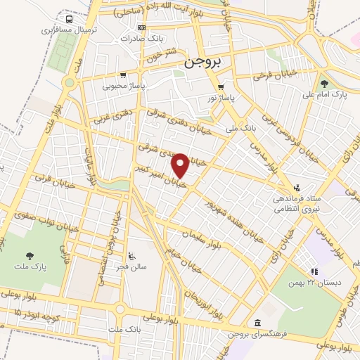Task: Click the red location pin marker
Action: [x=181, y=166]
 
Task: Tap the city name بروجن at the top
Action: [x=202, y=62]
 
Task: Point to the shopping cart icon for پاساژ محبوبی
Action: [x=123, y=75]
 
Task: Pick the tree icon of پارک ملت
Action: [x=29, y=257]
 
